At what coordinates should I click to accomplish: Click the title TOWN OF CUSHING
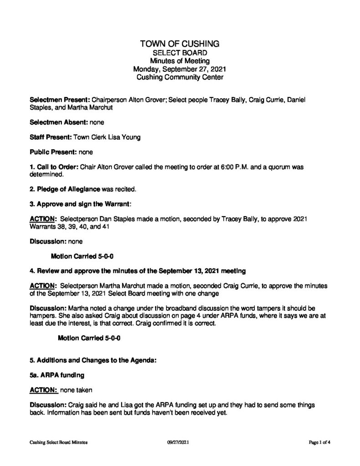click(180, 44)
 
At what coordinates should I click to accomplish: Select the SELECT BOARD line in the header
click(180, 53)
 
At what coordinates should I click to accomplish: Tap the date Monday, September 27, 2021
click(180, 70)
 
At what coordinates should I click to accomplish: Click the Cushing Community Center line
click(180, 78)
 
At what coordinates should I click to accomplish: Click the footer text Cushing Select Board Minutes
click(58, 442)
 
